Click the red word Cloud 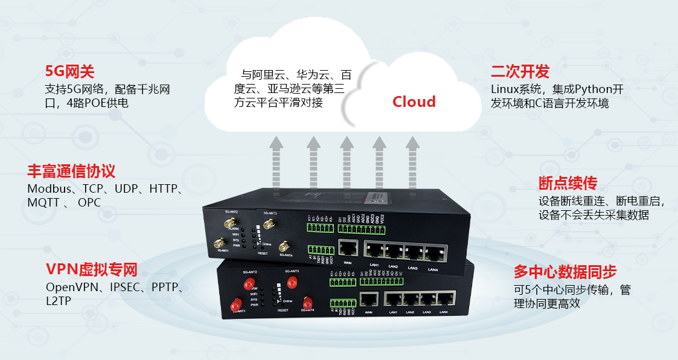[414, 101]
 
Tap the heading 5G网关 [70, 71]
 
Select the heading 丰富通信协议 [71, 170]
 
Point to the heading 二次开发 [520, 72]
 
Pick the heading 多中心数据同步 [565, 271]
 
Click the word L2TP [59, 300]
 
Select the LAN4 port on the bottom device [445, 298]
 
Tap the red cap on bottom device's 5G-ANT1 [235, 307]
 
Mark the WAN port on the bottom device [369, 298]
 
